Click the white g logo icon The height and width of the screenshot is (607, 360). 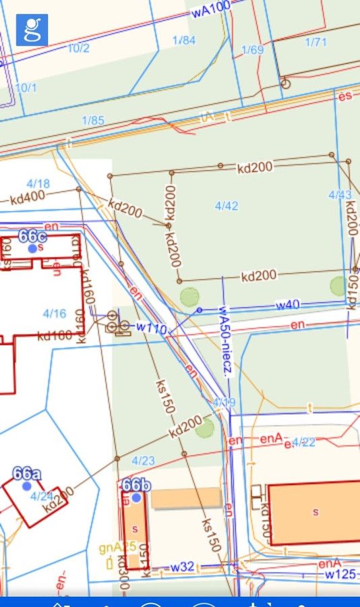32,30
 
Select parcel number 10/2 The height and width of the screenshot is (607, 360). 78,49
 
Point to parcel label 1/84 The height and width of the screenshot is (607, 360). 183,40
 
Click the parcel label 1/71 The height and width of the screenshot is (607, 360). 316,42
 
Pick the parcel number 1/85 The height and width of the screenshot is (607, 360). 93,121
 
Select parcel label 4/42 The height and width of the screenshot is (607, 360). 226,206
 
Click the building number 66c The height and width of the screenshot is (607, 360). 32,236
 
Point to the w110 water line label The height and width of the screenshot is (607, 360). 151,328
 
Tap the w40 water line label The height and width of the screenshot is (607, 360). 287,306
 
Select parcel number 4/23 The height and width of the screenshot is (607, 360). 143,461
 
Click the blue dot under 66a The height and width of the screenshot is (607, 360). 27,486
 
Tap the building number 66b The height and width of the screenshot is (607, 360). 136,485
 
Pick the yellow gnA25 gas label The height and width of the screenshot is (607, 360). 117,547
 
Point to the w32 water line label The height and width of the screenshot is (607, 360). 182,567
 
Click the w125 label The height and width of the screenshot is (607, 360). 340,575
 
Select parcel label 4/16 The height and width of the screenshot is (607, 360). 55,313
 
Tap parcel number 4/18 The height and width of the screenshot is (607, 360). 38,183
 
